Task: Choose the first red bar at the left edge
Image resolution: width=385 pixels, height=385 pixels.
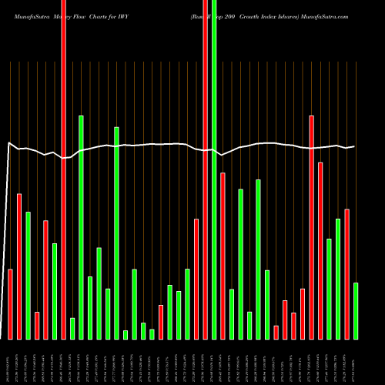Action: [10, 304]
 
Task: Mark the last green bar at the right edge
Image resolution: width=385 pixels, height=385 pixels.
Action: [356, 311]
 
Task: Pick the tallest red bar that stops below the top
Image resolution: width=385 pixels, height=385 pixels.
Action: [311, 227]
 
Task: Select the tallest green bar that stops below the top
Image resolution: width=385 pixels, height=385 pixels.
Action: [81, 227]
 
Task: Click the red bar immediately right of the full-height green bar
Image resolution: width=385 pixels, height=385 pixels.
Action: [223, 256]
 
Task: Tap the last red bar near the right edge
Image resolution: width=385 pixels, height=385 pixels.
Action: [346, 273]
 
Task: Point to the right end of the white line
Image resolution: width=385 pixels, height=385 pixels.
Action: [354, 146]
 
